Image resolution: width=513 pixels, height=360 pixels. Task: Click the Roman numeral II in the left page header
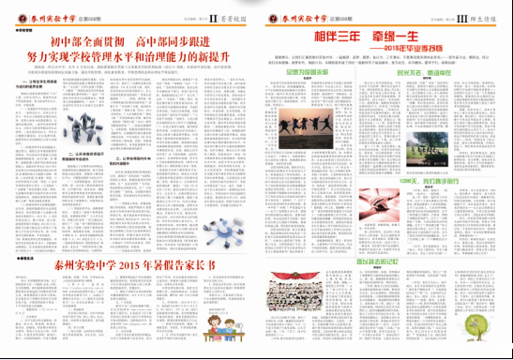(x=212, y=16)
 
